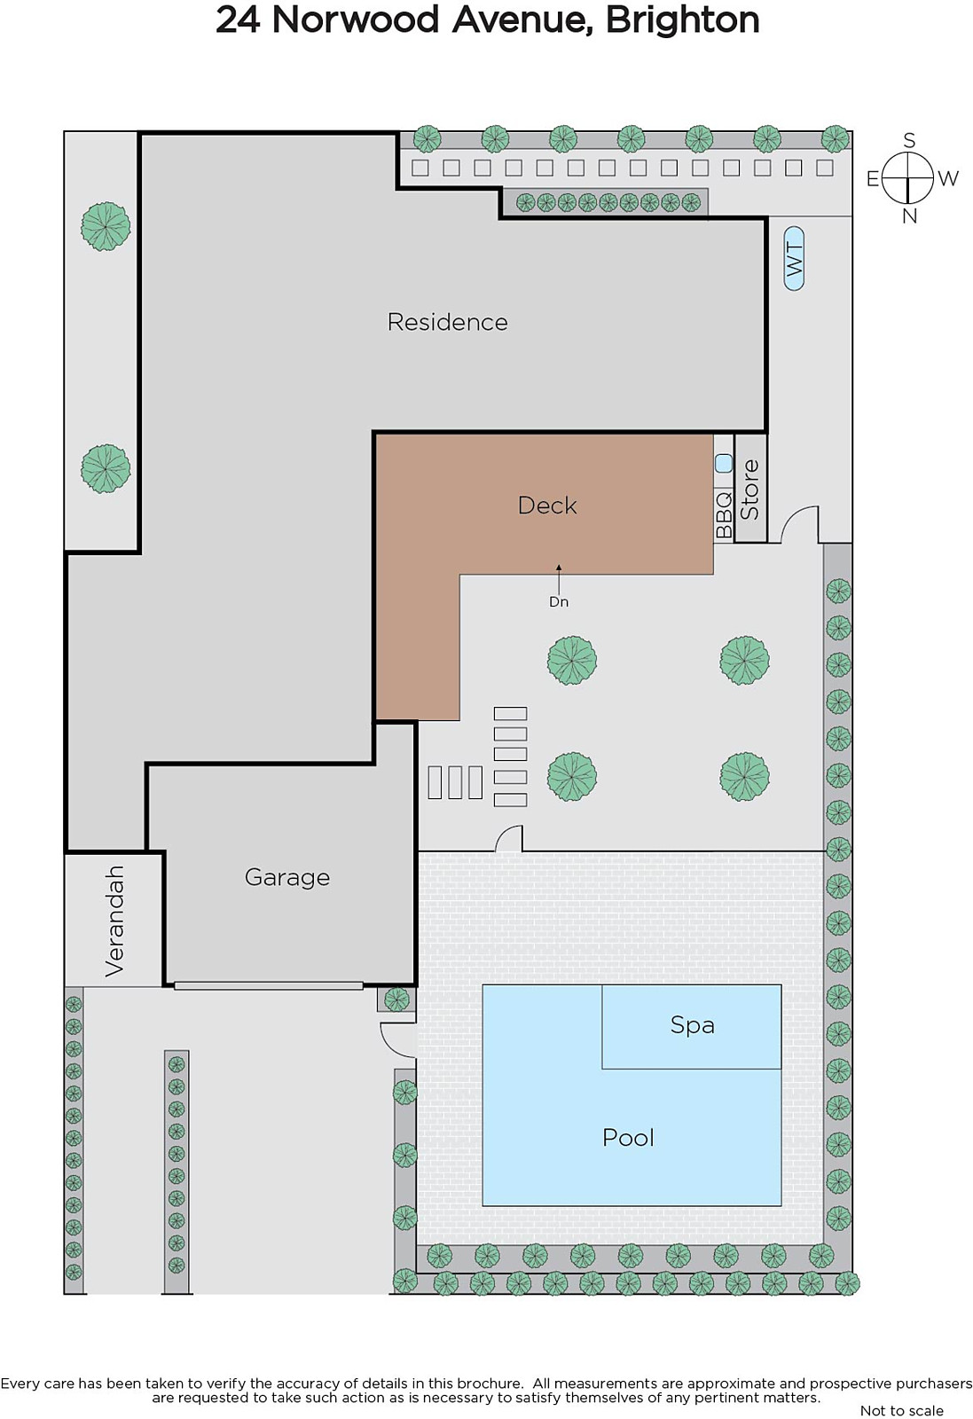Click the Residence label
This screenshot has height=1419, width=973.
point(447,323)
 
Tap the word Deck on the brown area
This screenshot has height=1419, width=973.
point(547,506)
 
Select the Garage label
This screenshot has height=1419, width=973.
point(287,878)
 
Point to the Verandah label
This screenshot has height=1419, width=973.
point(114,921)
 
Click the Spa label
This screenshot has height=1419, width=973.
point(693,1025)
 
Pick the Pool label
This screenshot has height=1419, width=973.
point(628,1138)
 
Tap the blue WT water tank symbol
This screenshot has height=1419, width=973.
point(794,258)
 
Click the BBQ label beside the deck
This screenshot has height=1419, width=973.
point(724,515)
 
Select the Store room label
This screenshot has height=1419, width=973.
point(750,490)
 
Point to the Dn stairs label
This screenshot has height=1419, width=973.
point(558,602)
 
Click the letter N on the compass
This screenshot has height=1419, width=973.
point(909,216)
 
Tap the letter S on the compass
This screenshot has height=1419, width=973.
point(909,140)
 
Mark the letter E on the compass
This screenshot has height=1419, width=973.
point(872,179)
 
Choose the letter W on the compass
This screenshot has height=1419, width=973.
point(947,178)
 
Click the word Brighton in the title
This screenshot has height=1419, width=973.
point(682,20)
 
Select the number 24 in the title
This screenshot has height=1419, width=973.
point(238,20)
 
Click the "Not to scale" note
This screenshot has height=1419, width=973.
point(901,1411)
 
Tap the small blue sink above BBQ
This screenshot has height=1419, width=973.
point(724,464)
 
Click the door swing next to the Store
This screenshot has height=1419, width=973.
point(799,524)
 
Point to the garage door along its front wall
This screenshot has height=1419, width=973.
point(269,985)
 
